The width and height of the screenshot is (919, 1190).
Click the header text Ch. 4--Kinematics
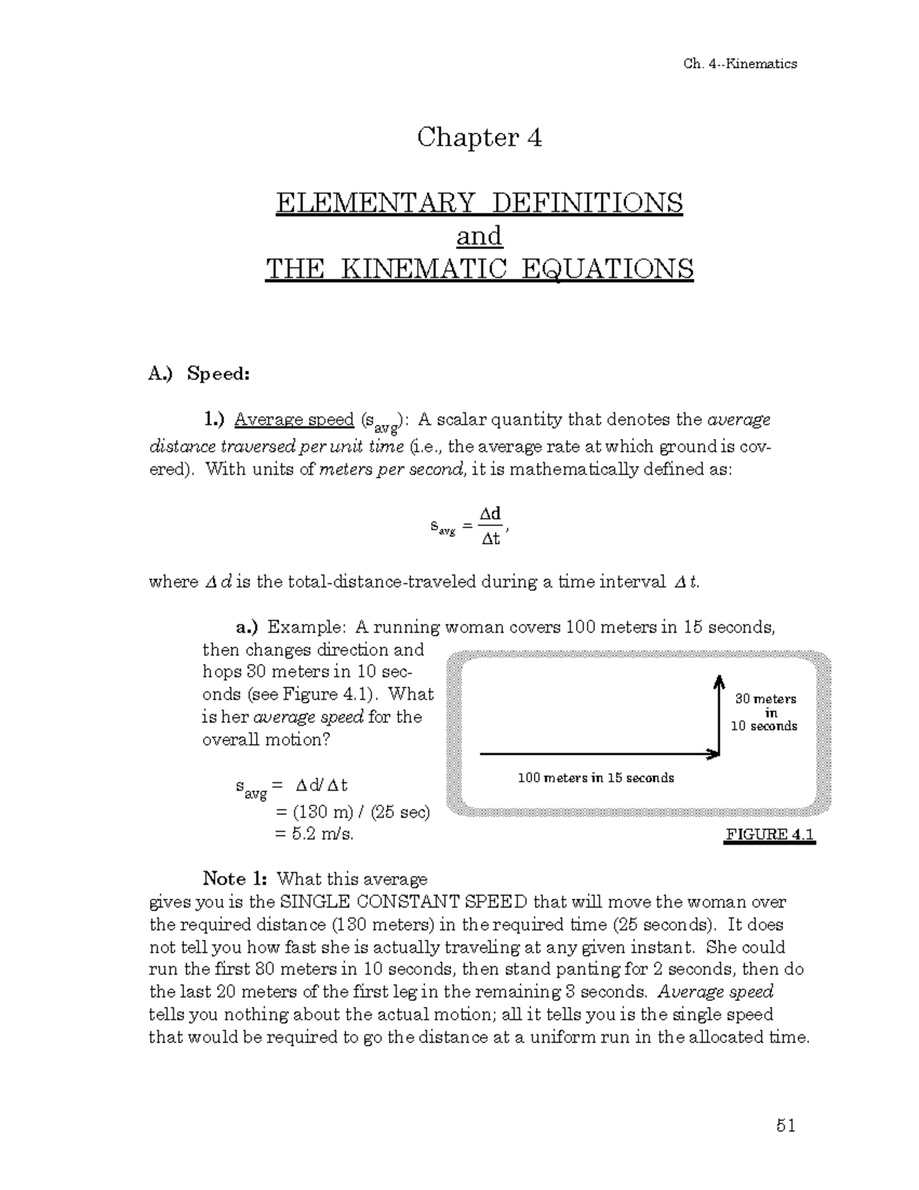[739, 64]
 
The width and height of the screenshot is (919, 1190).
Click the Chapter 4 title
[479, 138]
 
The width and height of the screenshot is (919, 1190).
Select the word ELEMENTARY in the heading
[375, 203]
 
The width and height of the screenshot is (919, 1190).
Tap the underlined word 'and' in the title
[479, 236]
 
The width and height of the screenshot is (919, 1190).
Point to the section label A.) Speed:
[199, 374]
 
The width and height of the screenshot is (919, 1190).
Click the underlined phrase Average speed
[293, 420]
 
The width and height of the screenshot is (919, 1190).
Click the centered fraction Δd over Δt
[490, 526]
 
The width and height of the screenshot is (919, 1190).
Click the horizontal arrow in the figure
[597, 755]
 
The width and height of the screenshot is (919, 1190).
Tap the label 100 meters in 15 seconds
[596, 779]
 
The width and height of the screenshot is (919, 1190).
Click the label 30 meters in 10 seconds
[765, 713]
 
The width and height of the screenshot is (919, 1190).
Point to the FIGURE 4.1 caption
[770, 834]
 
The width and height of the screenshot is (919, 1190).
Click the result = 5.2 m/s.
[314, 834]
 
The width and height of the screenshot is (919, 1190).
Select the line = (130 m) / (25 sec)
[352, 811]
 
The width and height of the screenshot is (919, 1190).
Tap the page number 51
[786, 1126]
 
